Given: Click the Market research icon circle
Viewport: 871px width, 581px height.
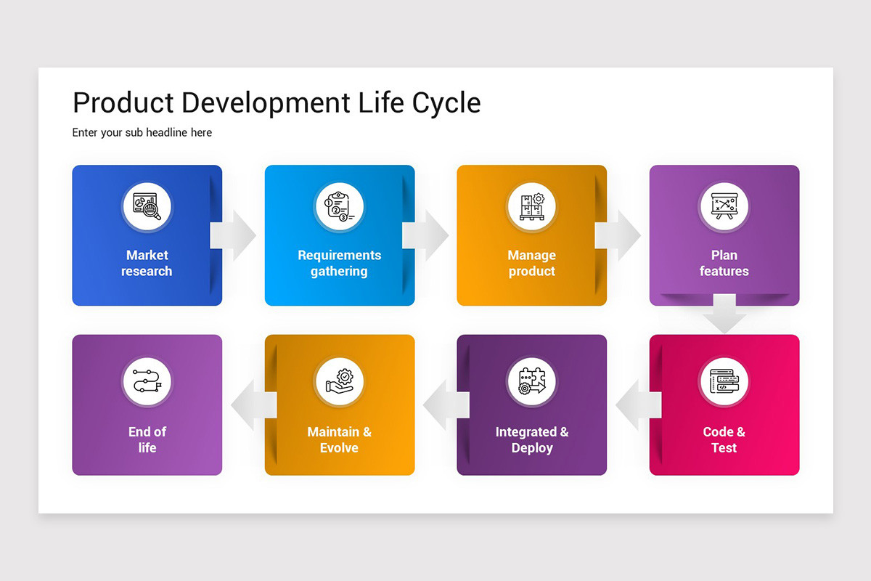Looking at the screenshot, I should [x=147, y=207].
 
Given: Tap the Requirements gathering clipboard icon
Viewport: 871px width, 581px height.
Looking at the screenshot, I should [x=339, y=207].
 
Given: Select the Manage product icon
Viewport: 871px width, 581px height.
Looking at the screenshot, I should [x=531, y=207].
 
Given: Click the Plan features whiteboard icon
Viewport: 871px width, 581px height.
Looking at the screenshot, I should [x=724, y=207].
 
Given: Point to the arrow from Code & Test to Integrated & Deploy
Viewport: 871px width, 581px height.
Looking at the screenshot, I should [x=636, y=405].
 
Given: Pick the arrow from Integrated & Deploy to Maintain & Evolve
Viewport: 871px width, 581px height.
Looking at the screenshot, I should [x=443, y=405].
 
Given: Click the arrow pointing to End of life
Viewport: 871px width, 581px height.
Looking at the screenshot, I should [x=251, y=405].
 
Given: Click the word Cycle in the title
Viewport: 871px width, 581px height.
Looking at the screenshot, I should [x=446, y=103].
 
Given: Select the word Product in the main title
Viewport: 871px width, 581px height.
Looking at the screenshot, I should [x=123, y=103].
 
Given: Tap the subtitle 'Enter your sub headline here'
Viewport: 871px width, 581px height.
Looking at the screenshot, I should [x=142, y=133].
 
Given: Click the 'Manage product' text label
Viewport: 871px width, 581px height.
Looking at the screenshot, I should [x=531, y=263].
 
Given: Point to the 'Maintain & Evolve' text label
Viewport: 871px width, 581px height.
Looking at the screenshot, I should [x=339, y=439].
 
